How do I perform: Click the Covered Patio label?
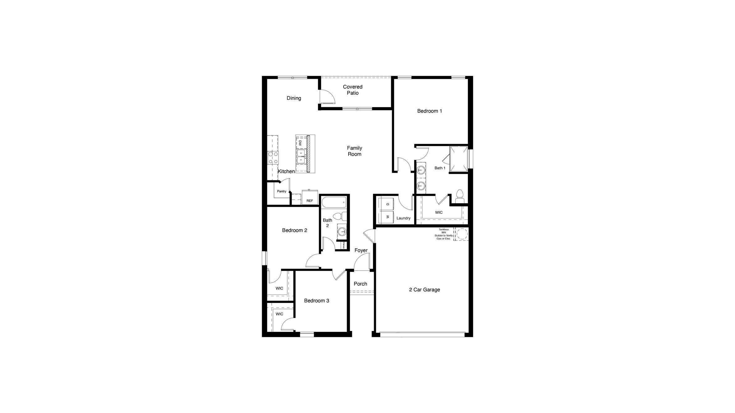pos(353,90)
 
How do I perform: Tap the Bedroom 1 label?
pos(429,111)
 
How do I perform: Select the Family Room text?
pos(354,151)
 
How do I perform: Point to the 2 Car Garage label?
pos(424,290)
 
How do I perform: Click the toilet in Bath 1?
pos(459,196)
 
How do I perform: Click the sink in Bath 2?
pos(342,231)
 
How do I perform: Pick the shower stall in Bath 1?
pos(459,159)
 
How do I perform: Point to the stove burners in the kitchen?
pos(55,158)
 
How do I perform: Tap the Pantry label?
pos(282,191)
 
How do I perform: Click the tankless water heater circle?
pos(462,234)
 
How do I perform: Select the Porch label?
pos(360,284)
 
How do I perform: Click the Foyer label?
pos(361,250)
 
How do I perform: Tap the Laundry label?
pos(403,218)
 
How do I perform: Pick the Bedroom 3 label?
pos(317,301)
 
